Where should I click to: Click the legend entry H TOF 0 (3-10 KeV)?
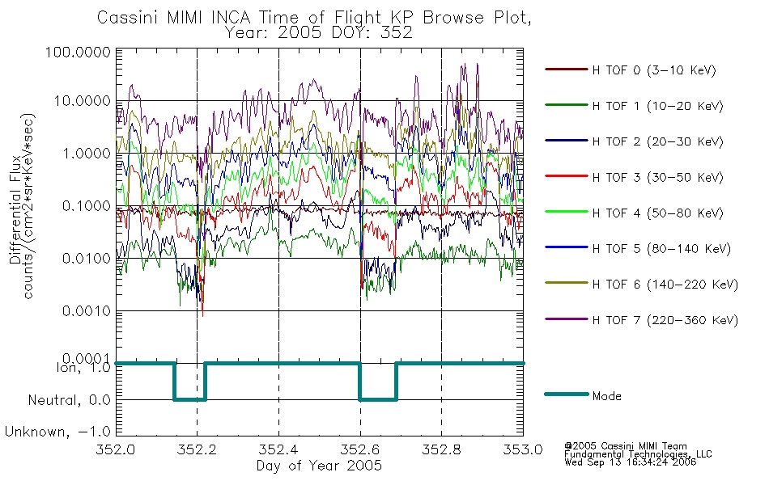654,70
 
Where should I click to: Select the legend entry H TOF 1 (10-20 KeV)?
657,106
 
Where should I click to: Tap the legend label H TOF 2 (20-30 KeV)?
657,141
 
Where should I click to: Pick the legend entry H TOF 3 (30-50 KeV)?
657,177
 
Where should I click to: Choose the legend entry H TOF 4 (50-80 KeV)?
657,213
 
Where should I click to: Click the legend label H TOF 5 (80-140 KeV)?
661,249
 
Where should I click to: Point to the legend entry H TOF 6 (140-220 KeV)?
665,285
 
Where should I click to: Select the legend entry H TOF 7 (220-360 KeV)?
665,320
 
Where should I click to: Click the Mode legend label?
606,396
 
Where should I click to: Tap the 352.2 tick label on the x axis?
198,449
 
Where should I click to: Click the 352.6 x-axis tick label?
360,449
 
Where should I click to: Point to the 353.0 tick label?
523,449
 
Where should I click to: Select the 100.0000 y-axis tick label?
78,52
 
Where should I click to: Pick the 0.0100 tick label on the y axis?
87,258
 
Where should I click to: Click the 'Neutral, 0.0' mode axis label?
69,400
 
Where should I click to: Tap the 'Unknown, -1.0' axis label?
57,432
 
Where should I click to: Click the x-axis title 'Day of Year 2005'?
319,465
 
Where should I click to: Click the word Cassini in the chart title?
129,17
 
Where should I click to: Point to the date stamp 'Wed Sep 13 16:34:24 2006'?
631,462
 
